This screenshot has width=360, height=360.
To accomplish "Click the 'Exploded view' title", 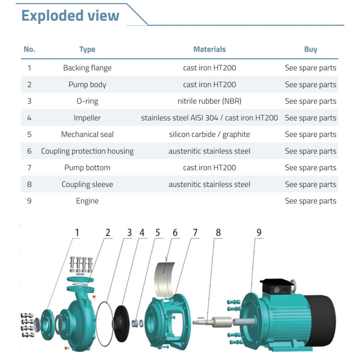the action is [70, 16].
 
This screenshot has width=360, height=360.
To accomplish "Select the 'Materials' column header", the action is [209, 49].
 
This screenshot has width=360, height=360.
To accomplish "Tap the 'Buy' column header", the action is [310, 49].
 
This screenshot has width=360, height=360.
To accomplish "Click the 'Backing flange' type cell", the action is [87, 68].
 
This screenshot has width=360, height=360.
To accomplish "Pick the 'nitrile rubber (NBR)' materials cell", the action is [209, 101].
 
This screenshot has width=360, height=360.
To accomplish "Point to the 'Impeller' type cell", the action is [87, 118].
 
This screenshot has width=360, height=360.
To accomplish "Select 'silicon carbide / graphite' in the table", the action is [209, 134].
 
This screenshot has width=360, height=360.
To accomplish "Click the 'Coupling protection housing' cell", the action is [87, 151].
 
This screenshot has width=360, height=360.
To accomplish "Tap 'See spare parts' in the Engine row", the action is [310, 201].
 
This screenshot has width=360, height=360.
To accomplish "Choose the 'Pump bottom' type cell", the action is [87, 167].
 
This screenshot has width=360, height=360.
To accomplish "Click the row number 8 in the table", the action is [29, 184].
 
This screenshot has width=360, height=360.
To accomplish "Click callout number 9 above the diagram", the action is [259, 233].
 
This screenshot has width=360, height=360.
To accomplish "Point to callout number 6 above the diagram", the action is [175, 233].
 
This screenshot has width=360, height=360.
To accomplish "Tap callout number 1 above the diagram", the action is [77, 233].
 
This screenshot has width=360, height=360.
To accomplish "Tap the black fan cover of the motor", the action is [321, 320].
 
